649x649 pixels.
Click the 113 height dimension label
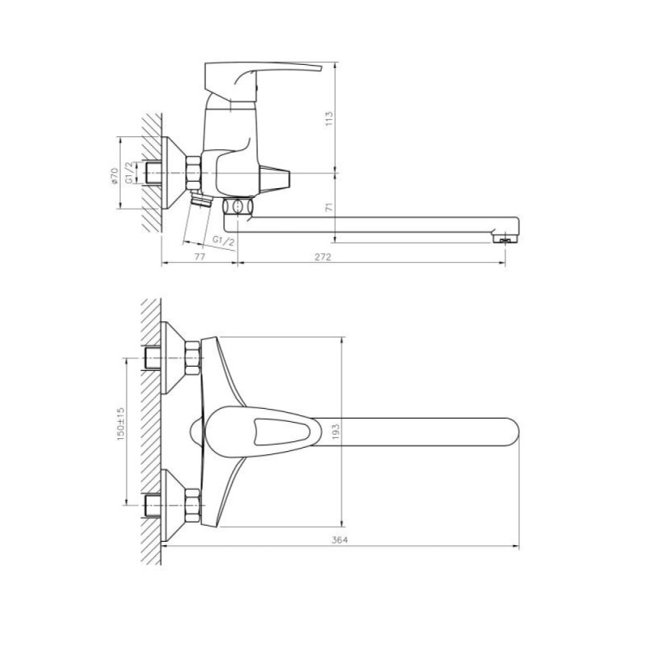[x=329, y=118]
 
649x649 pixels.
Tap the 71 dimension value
[x=329, y=207]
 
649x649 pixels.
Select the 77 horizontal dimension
[x=200, y=256]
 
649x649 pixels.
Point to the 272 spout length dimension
[x=323, y=256]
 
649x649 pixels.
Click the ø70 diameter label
[x=114, y=176]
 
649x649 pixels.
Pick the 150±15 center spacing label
[x=120, y=423]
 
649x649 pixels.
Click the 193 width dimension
[x=336, y=432]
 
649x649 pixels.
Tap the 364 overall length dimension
[x=340, y=539]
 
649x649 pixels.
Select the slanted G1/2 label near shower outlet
[x=224, y=241]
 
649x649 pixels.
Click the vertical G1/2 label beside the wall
[x=130, y=173]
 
